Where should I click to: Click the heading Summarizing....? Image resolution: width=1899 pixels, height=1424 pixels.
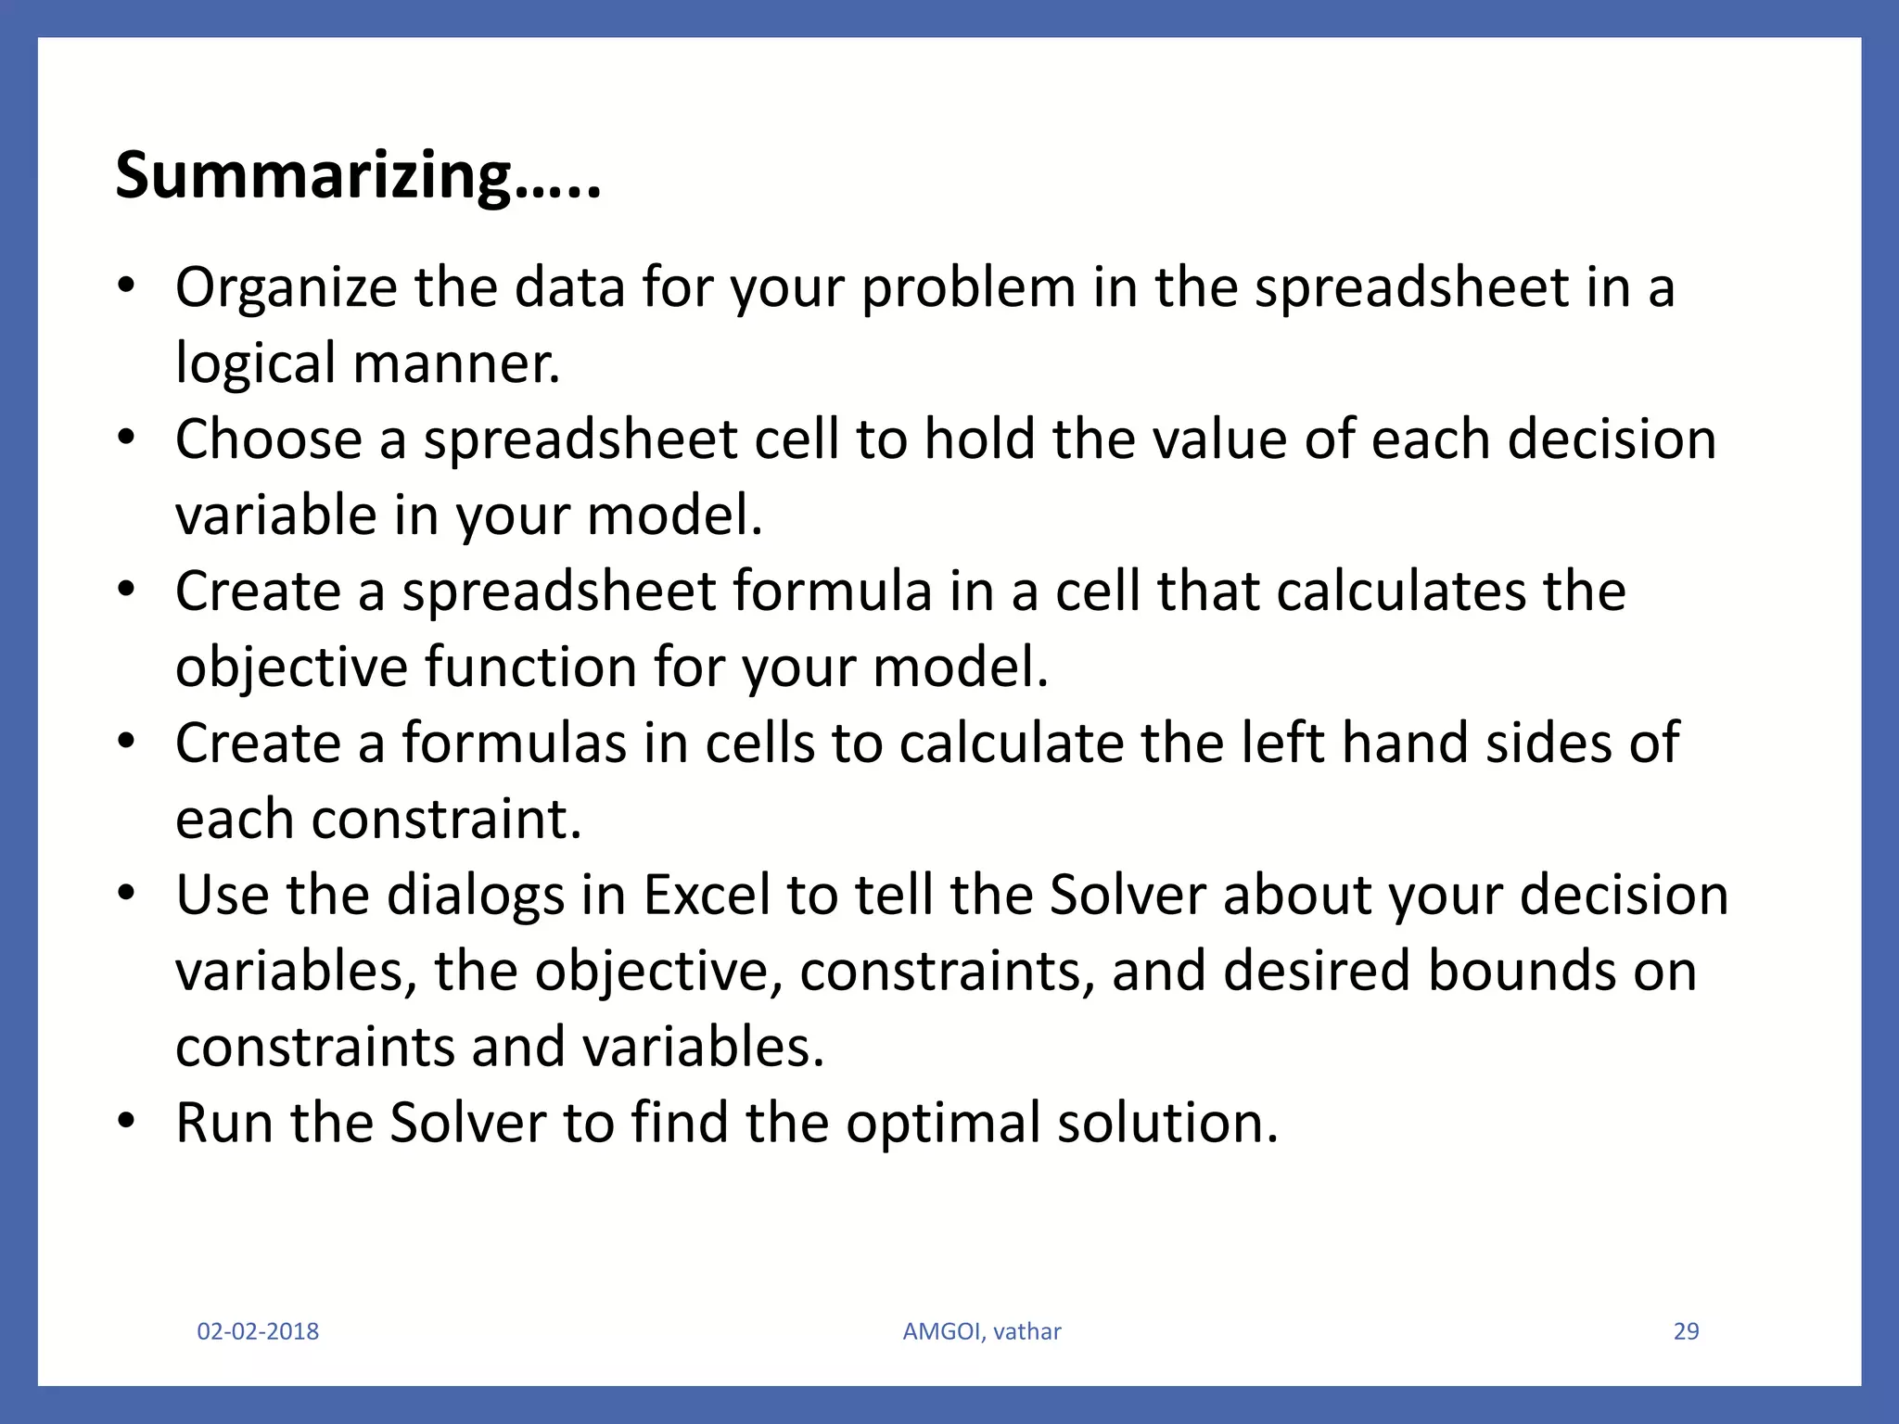click(x=357, y=175)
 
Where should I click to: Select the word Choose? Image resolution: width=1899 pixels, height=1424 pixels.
click(x=268, y=439)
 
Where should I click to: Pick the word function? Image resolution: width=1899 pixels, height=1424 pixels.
click(x=529, y=667)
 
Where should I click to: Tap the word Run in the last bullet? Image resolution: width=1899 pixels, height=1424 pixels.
click(x=223, y=1124)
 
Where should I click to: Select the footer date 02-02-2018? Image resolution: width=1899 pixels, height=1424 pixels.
click(x=258, y=1331)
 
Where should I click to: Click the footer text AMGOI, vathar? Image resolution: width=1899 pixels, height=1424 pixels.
click(x=981, y=1331)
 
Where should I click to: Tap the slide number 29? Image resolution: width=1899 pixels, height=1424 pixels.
click(x=1686, y=1331)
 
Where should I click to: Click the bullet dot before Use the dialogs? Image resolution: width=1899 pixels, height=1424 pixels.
click(x=127, y=894)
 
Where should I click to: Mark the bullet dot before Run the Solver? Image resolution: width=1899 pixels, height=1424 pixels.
click(x=127, y=1122)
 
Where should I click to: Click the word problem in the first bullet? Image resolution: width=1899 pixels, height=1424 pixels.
click(x=968, y=287)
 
